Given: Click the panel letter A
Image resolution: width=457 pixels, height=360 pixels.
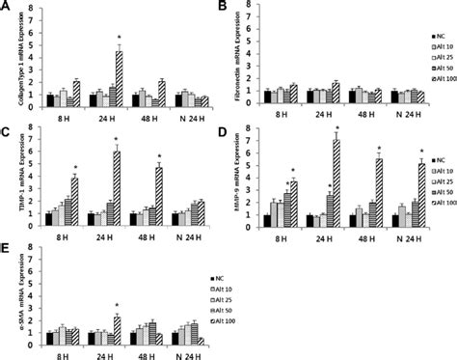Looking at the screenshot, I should [x=7, y=7].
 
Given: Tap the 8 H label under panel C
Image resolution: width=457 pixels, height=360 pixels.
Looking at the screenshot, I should [x=53, y=236].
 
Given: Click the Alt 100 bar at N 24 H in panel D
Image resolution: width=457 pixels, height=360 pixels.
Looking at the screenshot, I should [x=420, y=195].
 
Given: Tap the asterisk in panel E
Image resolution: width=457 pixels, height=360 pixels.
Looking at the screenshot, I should [x=117, y=307].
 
